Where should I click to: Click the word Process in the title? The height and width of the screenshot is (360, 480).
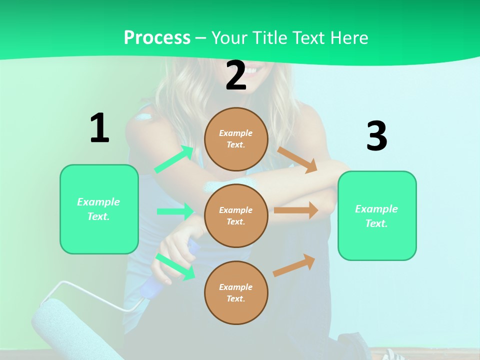(x=157, y=37)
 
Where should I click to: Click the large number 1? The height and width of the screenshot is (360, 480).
(x=99, y=128)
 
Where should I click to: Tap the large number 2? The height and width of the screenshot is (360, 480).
(x=236, y=76)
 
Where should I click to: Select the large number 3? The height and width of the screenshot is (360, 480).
(x=376, y=136)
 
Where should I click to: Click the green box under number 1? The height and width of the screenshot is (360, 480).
(x=99, y=209)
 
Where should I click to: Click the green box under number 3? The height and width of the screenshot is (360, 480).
(x=377, y=215)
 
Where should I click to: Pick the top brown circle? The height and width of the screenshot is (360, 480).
(x=236, y=139)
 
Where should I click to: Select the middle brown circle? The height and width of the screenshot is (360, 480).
(x=236, y=215)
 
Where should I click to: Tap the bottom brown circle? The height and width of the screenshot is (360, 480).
(x=236, y=292)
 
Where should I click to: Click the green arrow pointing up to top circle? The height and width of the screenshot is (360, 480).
(x=174, y=159)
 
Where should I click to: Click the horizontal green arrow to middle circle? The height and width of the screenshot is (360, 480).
(x=175, y=211)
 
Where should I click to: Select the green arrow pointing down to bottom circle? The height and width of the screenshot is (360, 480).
(x=175, y=266)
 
